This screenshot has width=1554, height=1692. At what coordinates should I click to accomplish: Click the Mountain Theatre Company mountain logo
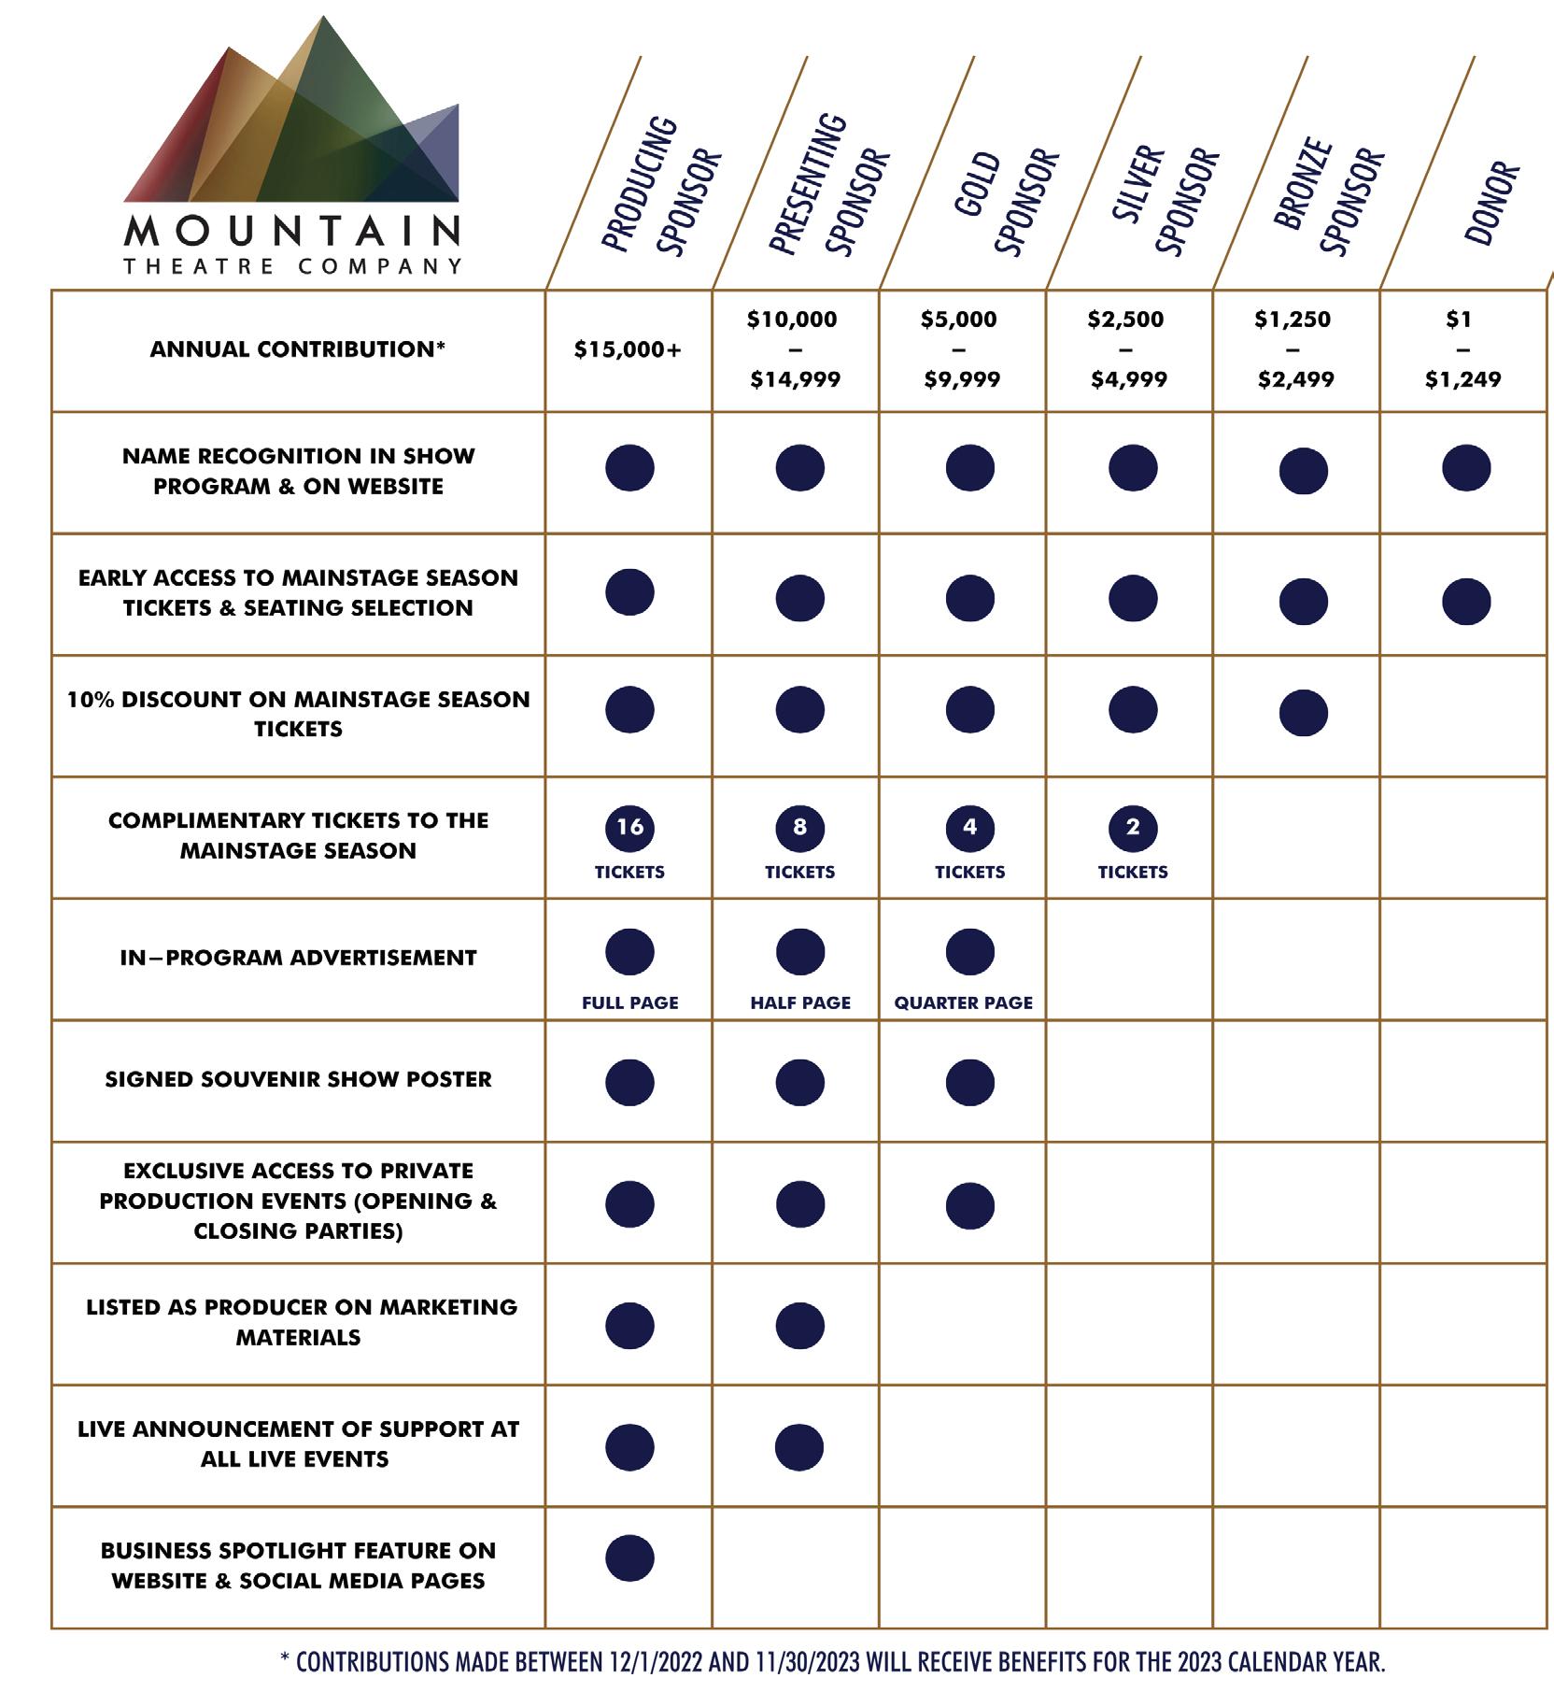pos(291,145)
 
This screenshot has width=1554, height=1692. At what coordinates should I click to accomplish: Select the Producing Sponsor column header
pos(662,187)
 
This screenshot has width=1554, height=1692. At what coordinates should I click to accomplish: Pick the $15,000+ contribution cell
pos(628,350)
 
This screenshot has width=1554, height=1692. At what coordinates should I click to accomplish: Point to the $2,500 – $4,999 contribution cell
pos(1126,349)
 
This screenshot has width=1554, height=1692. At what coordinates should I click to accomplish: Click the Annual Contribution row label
pos(298,350)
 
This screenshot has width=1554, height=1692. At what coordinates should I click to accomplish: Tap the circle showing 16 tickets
pos(629,828)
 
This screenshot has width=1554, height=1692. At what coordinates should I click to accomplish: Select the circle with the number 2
pos(1133,828)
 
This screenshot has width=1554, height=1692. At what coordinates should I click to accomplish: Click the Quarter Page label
pos(963,1003)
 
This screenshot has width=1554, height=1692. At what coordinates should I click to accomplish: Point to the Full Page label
pos(629,1003)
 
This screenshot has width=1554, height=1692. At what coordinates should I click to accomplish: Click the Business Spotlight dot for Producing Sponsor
pos(629,1558)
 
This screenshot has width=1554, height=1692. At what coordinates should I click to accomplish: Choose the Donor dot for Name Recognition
pos(1466,468)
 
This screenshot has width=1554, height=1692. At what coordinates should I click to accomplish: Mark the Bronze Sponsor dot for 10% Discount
pos(1303,714)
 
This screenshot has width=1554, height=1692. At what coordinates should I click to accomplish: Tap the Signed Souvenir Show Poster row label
pos(298,1080)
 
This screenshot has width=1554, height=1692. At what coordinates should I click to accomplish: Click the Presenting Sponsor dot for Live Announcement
pos(799,1447)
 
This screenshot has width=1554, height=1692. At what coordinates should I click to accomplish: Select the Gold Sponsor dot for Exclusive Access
pos(969,1205)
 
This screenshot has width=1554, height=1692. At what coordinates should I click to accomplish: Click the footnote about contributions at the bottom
pos(832,1663)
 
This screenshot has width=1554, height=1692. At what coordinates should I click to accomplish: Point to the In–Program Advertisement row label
pos(298,959)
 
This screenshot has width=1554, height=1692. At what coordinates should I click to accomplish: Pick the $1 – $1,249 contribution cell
pos(1462,349)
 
